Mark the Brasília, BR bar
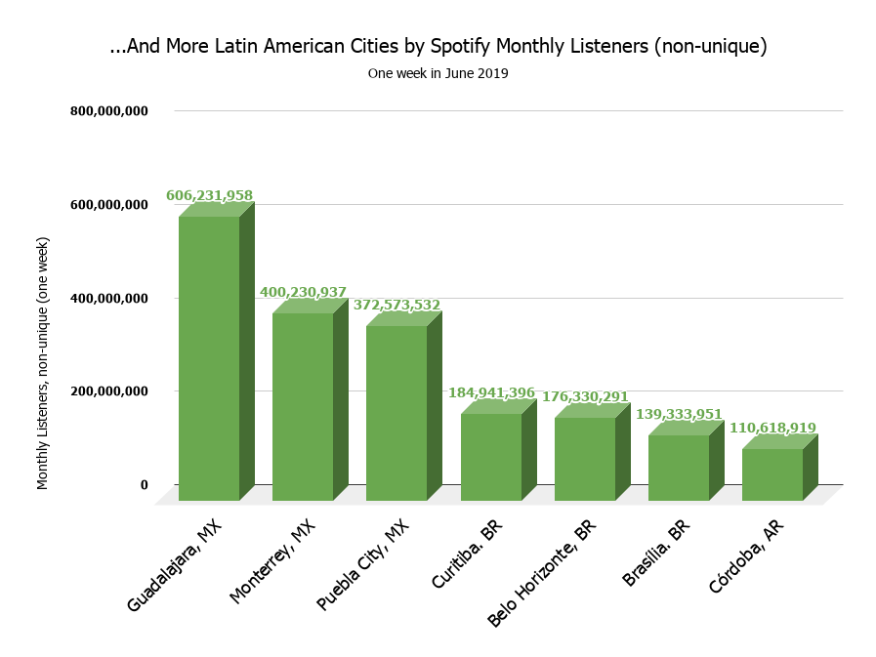click(679, 468)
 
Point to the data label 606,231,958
click(209, 196)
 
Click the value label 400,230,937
click(303, 292)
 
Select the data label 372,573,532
click(396, 305)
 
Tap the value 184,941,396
click(491, 393)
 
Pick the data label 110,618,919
click(772, 429)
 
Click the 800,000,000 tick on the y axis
click(108, 111)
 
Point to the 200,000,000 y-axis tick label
click(108, 391)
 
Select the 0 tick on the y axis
click(144, 485)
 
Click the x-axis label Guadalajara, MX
click(177, 565)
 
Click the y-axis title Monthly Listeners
click(43, 362)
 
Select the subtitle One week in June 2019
click(438, 74)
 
